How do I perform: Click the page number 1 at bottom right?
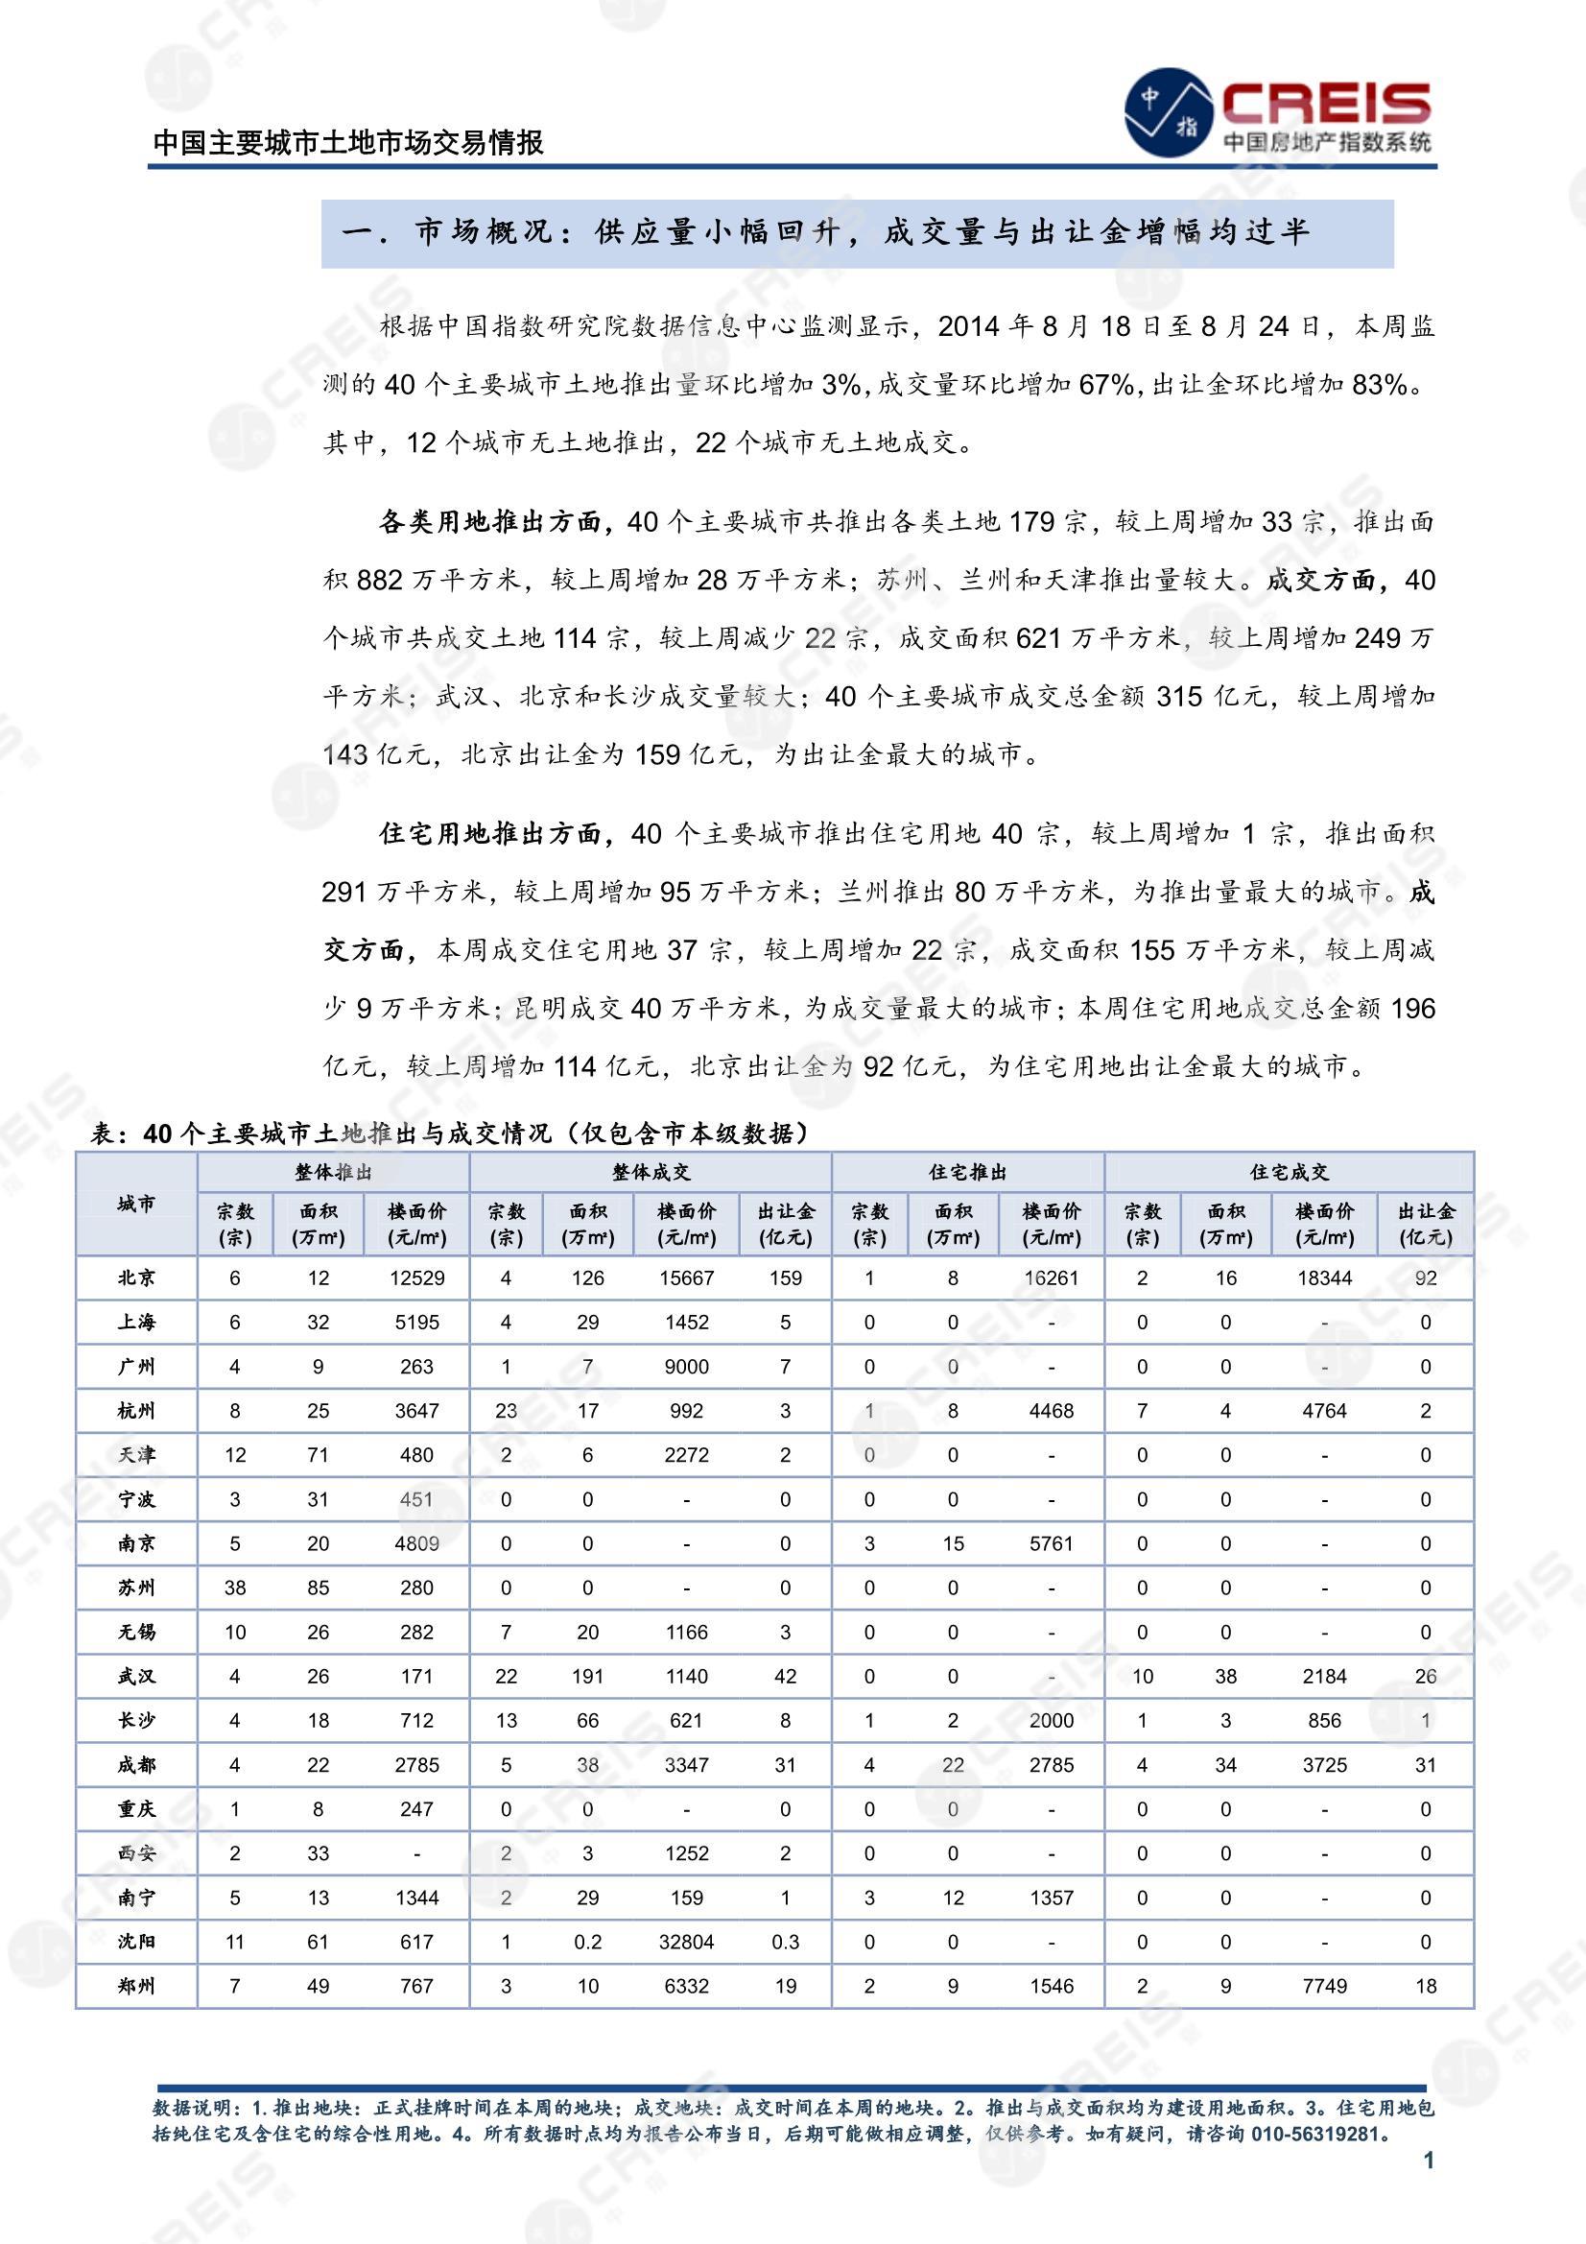tap(1429, 2159)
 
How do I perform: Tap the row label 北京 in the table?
tap(136, 1277)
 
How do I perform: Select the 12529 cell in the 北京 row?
tap(416, 1277)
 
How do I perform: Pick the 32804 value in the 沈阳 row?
tap(686, 1941)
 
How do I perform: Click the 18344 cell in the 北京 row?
tap(1324, 1277)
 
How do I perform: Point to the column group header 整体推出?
tap(333, 1172)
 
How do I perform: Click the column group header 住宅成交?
tap(1289, 1172)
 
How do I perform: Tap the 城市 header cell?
tap(136, 1205)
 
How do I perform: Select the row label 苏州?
tap(136, 1588)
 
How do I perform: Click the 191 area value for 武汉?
tap(587, 1676)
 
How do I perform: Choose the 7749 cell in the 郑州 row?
tap(1324, 1985)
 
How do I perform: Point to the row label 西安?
tap(136, 1853)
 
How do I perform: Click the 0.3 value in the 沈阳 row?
tap(786, 1941)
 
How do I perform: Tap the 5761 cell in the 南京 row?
tap(1052, 1543)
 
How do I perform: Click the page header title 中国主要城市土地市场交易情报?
tap(349, 143)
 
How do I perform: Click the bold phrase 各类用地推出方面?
tap(489, 522)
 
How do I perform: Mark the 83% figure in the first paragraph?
tap(1380, 385)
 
